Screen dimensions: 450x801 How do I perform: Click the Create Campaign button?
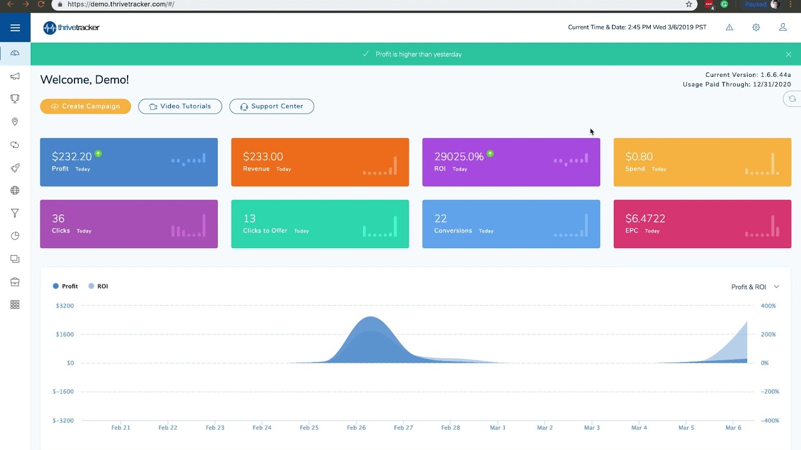click(85, 106)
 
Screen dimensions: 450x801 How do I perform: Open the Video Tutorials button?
click(180, 106)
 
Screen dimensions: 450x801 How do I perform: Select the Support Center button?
click(272, 106)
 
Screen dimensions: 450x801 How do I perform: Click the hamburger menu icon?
click(15, 27)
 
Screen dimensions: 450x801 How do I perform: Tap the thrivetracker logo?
click(71, 27)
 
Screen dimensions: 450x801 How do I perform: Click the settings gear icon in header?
click(756, 27)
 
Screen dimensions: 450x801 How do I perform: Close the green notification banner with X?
click(788, 54)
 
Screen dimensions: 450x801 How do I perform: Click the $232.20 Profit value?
click(71, 157)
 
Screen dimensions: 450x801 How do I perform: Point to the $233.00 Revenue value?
click(263, 157)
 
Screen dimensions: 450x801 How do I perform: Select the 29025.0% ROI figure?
click(459, 157)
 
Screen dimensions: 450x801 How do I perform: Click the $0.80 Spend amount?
click(639, 157)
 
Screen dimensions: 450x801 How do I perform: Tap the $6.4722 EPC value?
click(645, 219)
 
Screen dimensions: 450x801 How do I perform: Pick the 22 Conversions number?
click(441, 219)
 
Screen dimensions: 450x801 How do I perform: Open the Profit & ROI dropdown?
click(755, 287)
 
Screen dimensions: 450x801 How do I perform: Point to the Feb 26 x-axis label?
click(356, 428)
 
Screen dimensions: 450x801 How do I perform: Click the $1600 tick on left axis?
click(64, 334)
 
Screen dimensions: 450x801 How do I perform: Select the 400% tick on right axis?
click(768, 306)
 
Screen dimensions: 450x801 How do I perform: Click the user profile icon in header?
click(783, 27)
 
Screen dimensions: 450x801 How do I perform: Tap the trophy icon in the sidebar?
click(15, 99)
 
